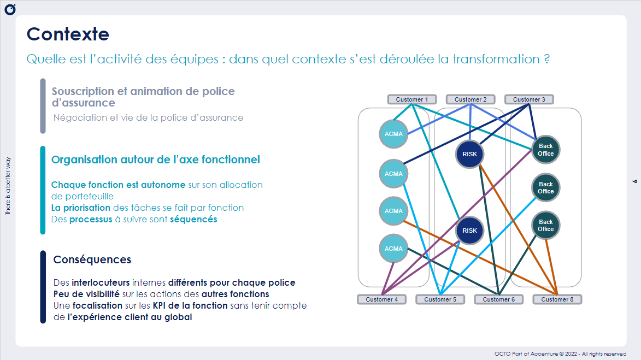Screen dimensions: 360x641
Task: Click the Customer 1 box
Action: (x=412, y=99)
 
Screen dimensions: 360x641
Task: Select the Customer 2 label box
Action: (x=471, y=99)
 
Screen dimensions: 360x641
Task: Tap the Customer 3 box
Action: (x=529, y=99)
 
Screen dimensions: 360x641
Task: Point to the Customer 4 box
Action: (x=382, y=299)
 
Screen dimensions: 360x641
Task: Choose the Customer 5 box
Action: (x=440, y=299)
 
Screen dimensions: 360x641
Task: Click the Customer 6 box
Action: (x=498, y=299)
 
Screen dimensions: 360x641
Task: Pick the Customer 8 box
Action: (x=557, y=299)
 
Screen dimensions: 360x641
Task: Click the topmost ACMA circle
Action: (x=393, y=134)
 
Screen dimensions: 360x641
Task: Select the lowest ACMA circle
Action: (x=393, y=249)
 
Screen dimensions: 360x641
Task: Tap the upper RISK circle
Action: (x=469, y=154)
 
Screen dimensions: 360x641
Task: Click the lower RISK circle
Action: (x=469, y=231)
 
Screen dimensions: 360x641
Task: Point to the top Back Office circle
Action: (x=545, y=150)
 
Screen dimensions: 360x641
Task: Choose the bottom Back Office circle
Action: (x=545, y=225)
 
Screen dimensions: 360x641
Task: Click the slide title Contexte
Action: (x=68, y=34)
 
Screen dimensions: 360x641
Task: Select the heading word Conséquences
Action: (x=92, y=259)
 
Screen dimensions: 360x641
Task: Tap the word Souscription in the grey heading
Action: (x=83, y=91)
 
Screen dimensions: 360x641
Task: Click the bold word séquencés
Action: (x=193, y=219)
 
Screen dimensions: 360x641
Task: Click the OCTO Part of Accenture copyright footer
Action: (x=560, y=353)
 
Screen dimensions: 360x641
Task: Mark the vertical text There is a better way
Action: (x=8, y=186)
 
